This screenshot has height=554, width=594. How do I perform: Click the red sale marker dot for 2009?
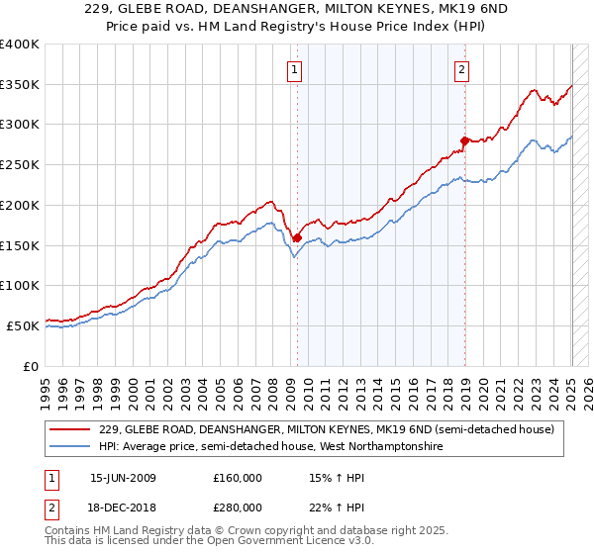click(297, 237)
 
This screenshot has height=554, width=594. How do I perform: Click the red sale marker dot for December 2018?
click(464, 140)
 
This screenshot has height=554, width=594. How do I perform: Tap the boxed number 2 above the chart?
click(462, 69)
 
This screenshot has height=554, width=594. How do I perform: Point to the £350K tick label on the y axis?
click(20, 85)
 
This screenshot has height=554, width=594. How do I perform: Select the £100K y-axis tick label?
click(20, 285)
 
